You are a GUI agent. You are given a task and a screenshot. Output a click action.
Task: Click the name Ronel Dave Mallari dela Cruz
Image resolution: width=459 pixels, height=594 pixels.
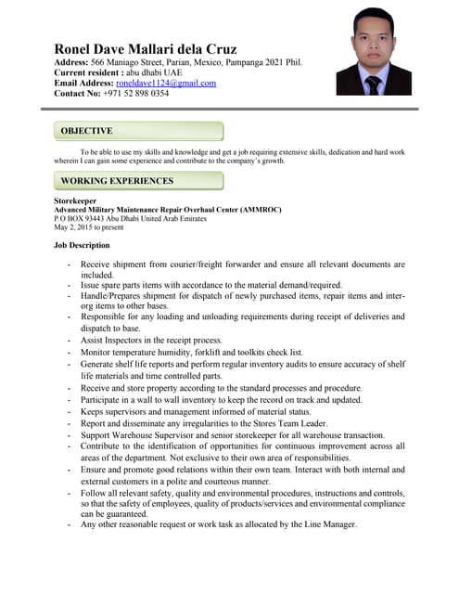coord(146,48)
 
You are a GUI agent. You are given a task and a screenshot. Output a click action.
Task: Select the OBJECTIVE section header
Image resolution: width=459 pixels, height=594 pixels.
coord(86,131)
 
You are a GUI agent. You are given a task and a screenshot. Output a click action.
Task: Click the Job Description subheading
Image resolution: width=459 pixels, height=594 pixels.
coord(83,245)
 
